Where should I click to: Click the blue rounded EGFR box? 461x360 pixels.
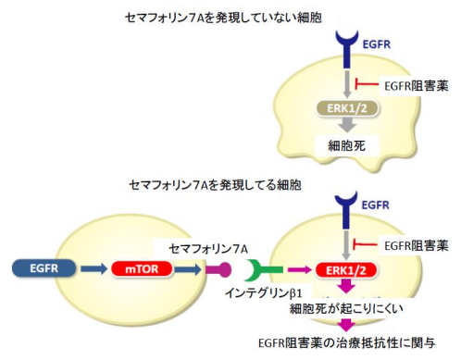36,269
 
